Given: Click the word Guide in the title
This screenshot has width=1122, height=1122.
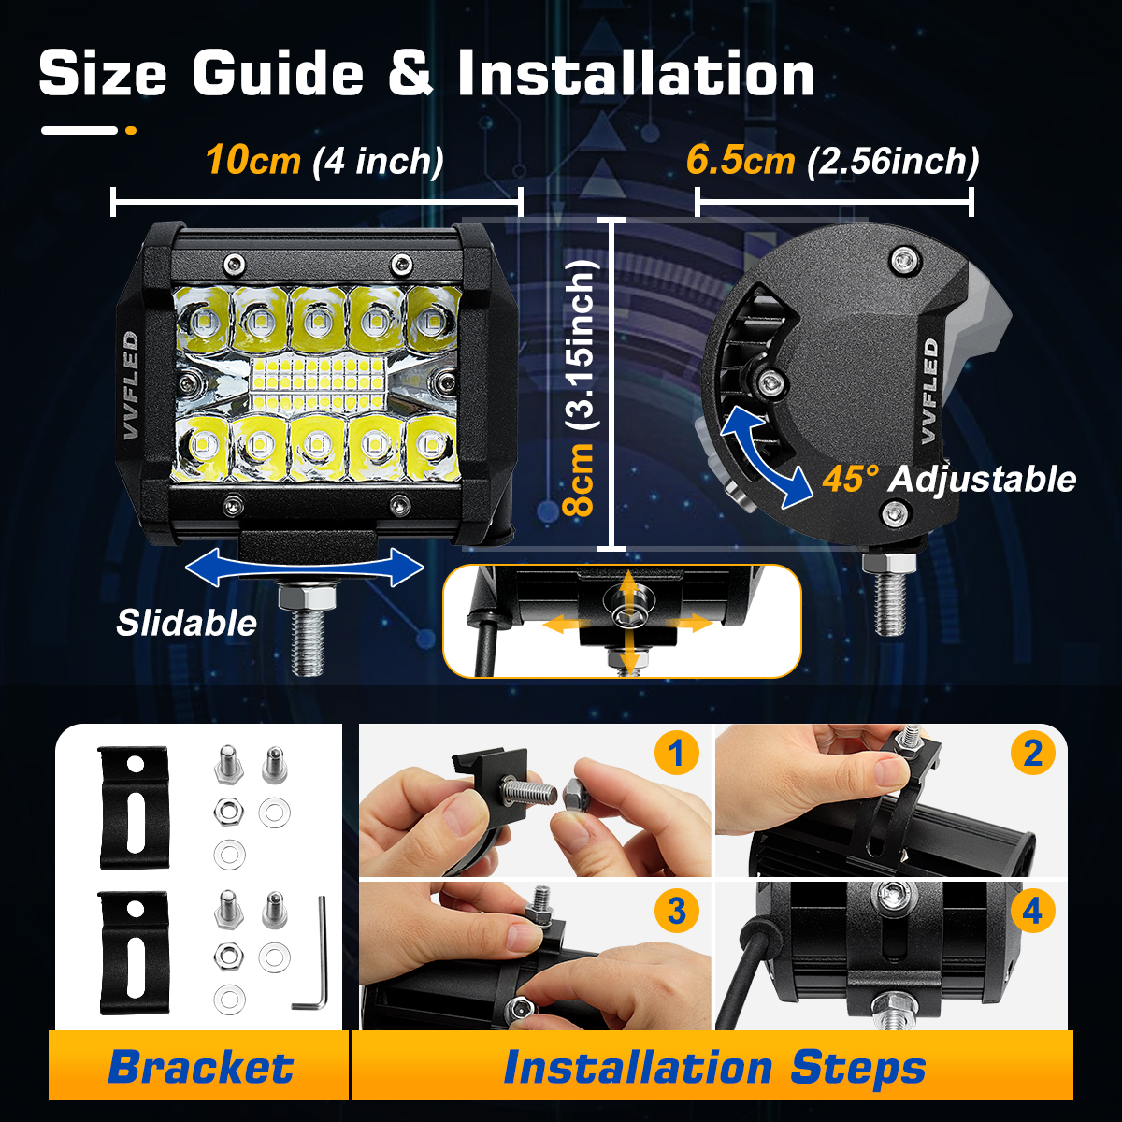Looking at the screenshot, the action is pyautogui.click(x=278, y=74).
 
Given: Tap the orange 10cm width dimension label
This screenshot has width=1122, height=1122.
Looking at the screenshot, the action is pyautogui.click(x=253, y=160).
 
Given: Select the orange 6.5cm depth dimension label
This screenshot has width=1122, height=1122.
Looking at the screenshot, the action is pyautogui.click(x=740, y=160).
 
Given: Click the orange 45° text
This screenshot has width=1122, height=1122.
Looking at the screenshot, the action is pyautogui.click(x=851, y=479).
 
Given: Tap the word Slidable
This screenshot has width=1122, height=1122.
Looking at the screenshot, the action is pyautogui.click(x=186, y=623).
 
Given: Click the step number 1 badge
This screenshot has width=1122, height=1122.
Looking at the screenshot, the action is pyautogui.click(x=676, y=753).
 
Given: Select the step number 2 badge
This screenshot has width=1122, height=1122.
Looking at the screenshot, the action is pyautogui.click(x=1033, y=753).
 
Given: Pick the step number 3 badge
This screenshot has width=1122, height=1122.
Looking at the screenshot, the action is pyautogui.click(x=676, y=911).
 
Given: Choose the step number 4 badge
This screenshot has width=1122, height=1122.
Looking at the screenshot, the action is pyautogui.click(x=1033, y=911).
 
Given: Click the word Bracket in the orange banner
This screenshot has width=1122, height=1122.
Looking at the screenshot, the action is pyautogui.click(x=201, y=1067).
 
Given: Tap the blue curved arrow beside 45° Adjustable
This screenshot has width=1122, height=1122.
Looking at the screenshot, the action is pyautogui.click(x=766, y=456).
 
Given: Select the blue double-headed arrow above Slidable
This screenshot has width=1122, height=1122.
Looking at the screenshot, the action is pyautogui.click(x=305, y=568).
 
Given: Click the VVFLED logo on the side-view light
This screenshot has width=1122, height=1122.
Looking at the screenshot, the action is pyautogui.click(x=929, y=391).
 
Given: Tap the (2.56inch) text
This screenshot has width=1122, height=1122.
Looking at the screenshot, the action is pyautogui.click(x=893, y=161).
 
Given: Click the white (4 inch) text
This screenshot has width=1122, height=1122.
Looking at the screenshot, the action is pyautogui.click(x=379, y=161).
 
